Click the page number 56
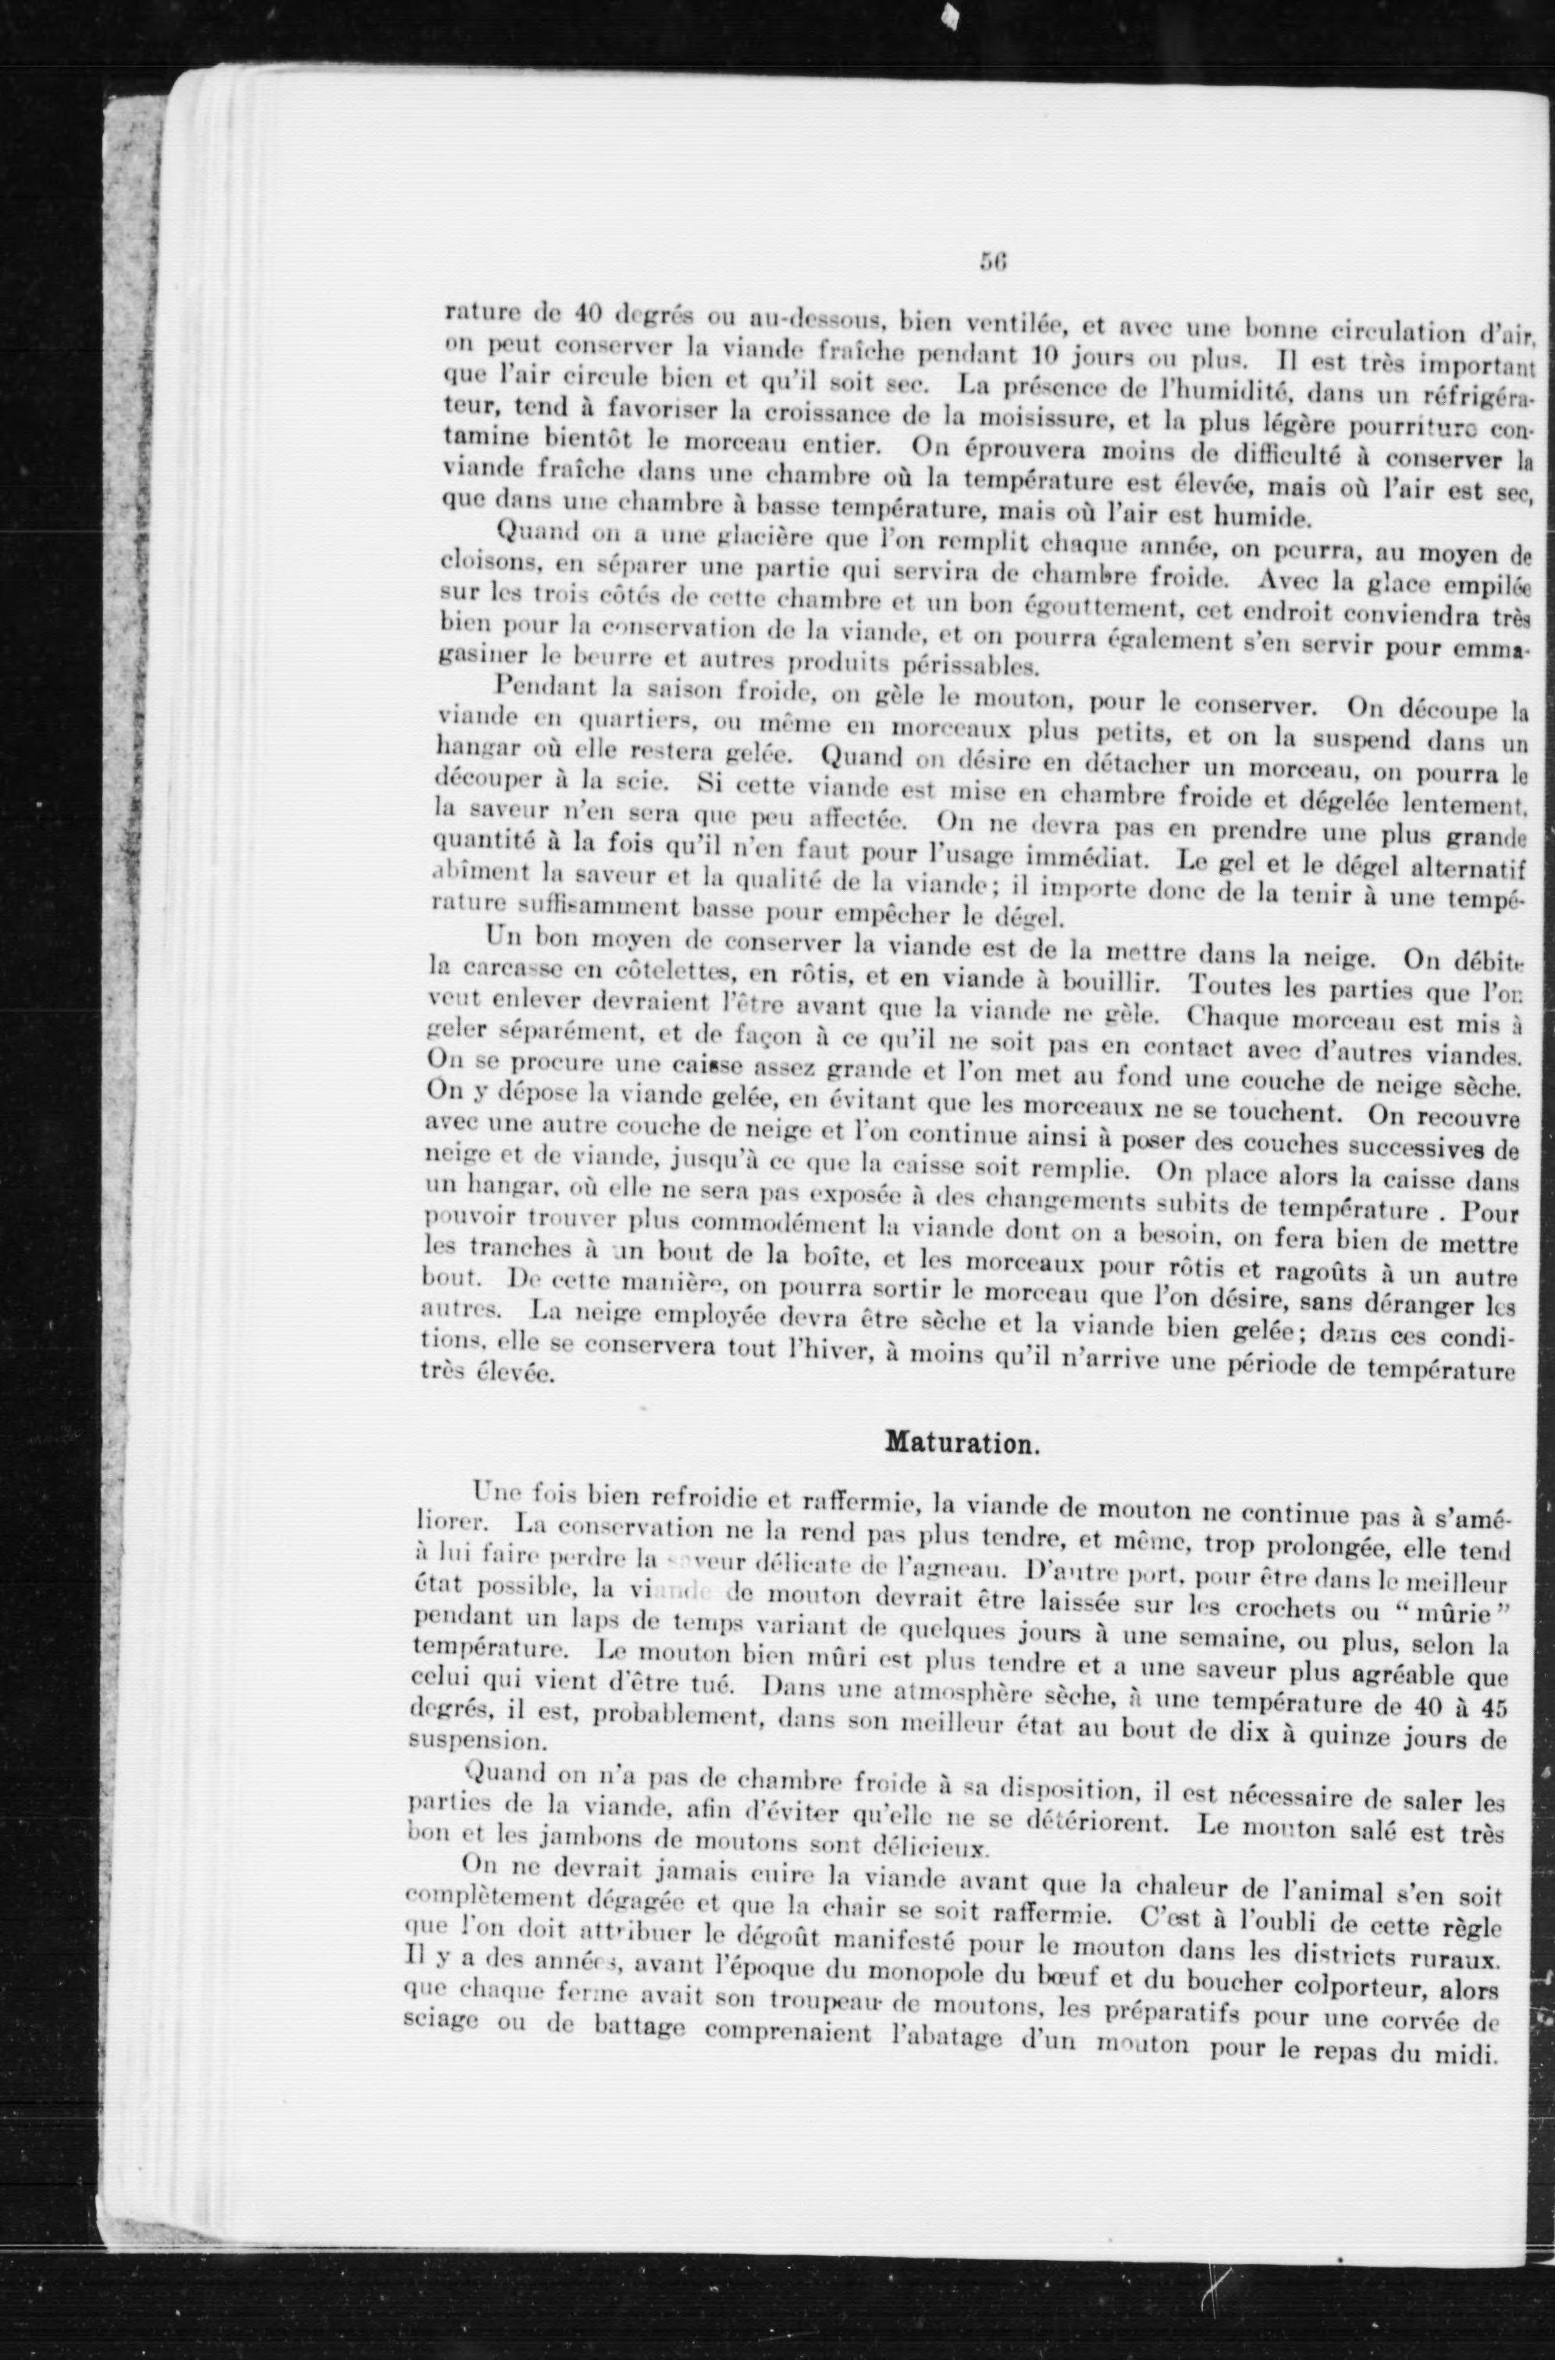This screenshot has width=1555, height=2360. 993,262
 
